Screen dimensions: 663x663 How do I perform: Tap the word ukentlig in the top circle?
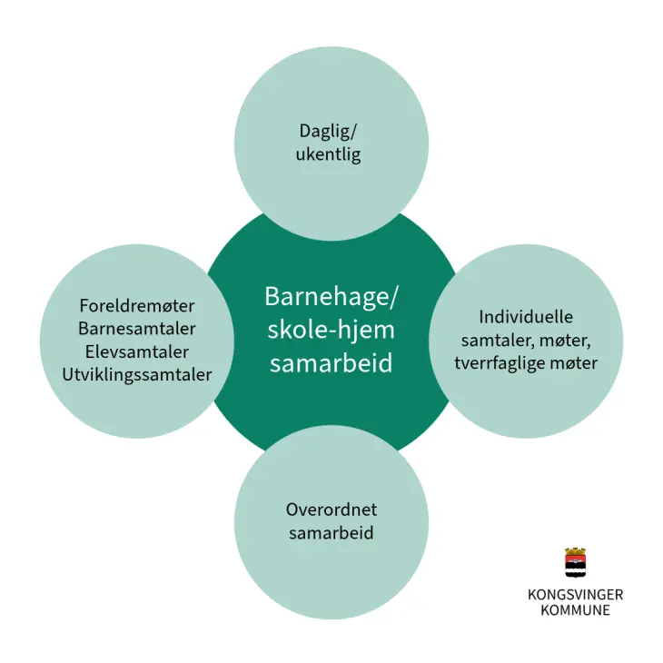(x=328, y=154)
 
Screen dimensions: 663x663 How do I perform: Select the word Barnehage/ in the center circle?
(x=331, y=297)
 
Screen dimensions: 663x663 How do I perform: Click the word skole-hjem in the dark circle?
(x=331, y=330)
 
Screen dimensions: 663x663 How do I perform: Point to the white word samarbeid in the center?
(x=331, y=363)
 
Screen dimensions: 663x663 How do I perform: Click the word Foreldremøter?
(x=137, y=305)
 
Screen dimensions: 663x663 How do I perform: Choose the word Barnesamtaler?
(x=137, y=328)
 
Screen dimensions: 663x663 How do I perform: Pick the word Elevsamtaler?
(x=137, y=351)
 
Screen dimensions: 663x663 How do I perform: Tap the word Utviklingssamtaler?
(x=137, y=374)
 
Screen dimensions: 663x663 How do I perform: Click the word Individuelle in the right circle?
(x=526, y=317)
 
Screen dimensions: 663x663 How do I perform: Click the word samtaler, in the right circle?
(x=495, y=340)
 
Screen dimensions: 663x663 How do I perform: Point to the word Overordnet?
(x=331, y=509)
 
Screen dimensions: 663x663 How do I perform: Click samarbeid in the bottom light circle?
(x=331, y=532)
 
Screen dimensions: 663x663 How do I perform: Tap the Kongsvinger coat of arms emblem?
(x=575, y=565)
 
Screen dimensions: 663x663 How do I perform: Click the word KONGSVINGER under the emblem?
(x=575, y=595)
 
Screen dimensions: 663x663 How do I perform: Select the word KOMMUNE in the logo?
(x=575, y=610)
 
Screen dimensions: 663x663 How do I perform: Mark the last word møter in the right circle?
(x=573, y=363)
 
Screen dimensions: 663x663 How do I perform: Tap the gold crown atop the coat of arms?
(x=575, y=551)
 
